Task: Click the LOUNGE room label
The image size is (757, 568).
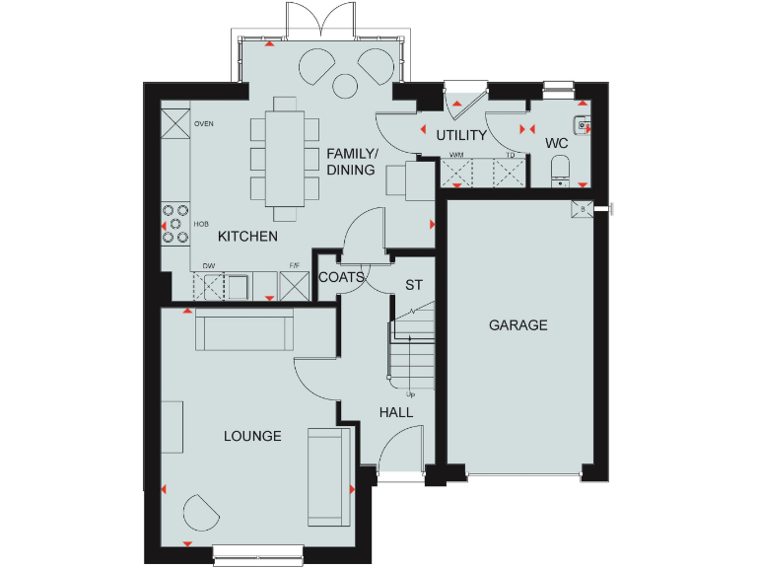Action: (252, 436)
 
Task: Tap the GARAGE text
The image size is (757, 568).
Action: (517, 325)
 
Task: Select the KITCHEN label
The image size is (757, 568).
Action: (247, 237)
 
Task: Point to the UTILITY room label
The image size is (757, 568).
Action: (461, 135)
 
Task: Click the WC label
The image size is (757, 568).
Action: (557, 143)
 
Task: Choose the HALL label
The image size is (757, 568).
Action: (396, 412)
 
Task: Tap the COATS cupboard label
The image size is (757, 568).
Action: (341, 278)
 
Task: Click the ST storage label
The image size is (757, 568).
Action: (414, 285)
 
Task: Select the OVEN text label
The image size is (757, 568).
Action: (204, 124)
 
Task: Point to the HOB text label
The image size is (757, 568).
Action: (201, 225)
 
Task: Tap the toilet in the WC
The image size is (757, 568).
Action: (560, 169)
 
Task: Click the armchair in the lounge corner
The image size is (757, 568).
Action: (202, 513)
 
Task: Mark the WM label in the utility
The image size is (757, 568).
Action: (456, 155)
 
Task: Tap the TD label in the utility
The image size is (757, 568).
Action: (511, 155)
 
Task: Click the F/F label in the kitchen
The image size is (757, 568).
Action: (294, 265)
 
